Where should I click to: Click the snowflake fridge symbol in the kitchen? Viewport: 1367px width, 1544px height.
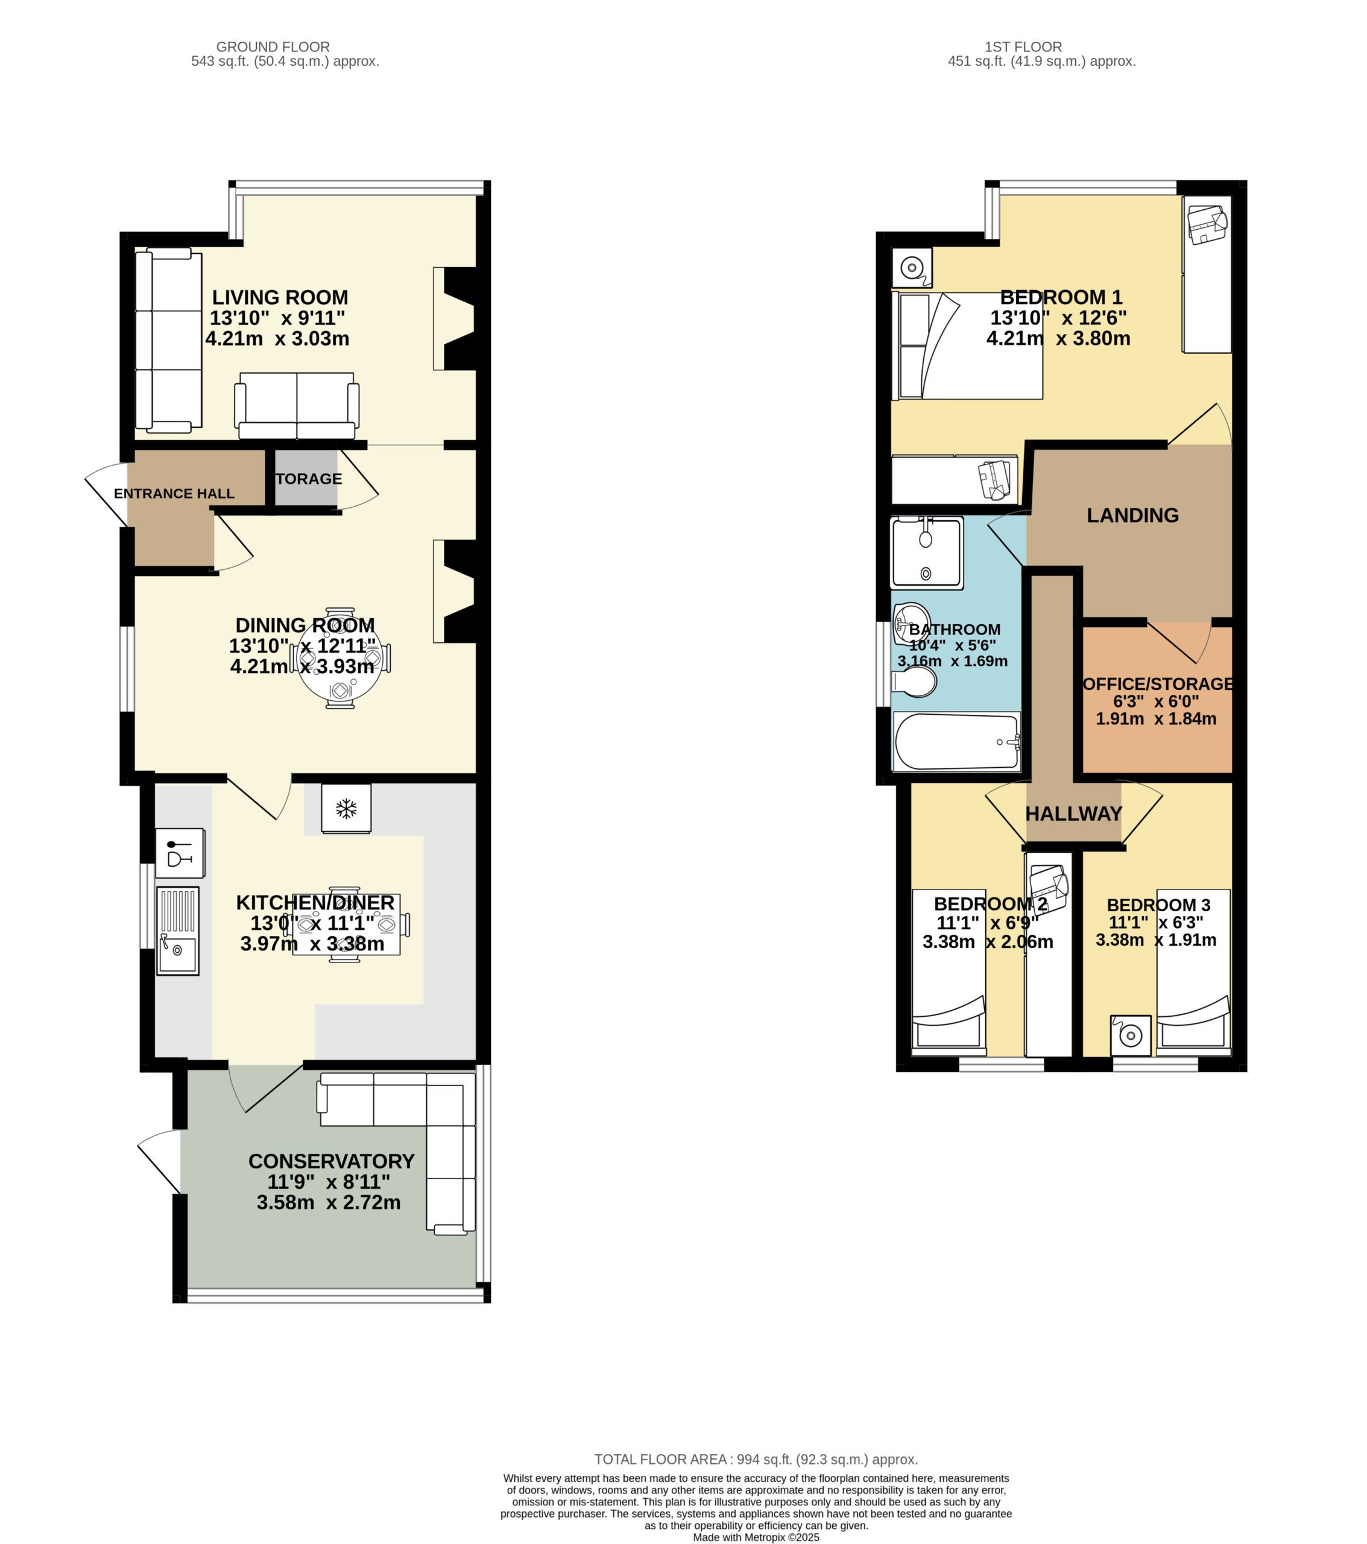[x=346, y=809]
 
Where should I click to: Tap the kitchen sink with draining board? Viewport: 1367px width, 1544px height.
[x=177, y=931]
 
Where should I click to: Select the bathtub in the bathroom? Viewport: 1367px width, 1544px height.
[x=957, y=742]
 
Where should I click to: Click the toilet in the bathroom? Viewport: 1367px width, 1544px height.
[x=914, y=682]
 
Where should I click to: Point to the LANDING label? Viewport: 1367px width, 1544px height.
[x=1132, y=515]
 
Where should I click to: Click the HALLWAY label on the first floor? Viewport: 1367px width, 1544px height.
[x=1073, y=814]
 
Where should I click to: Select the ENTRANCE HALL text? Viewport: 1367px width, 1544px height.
[x=174, y=493]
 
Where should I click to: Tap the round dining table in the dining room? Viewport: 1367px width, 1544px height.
[x=340, y=658]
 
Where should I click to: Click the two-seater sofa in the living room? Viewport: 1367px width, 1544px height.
[x=297, y=406]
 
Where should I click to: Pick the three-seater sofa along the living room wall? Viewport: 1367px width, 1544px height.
[x=168, y=341]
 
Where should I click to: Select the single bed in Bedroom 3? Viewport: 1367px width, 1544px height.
[x=1193, y=972]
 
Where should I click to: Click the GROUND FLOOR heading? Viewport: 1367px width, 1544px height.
[x=273, y=47]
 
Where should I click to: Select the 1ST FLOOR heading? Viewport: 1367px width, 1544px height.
[x=1023, y=47]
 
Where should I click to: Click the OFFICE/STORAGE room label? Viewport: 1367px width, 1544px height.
[x=1158, y=683]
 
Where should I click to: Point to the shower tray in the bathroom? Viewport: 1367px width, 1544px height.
[x=927, y=553]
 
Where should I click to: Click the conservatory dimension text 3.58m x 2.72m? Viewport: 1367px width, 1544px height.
[x=329, y=1202]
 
